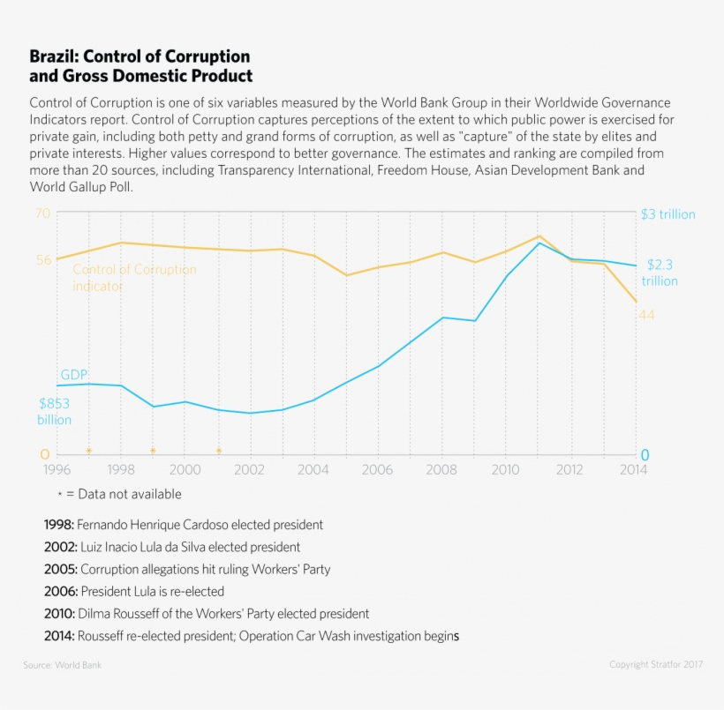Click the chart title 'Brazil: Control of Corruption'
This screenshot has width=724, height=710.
point(140,57)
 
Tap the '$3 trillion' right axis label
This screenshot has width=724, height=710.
point(667,214)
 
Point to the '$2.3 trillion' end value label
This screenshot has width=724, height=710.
point(660,273)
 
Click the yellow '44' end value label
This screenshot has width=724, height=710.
point(646,315)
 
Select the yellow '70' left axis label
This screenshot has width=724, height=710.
point(42,213)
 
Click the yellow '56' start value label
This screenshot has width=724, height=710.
point(43,259)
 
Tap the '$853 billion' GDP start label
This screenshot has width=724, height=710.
point(54,412)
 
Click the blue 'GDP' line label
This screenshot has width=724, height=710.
point(73,375)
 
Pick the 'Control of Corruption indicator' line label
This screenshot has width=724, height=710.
point(134,278)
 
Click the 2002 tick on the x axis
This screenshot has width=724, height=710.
point(249,469)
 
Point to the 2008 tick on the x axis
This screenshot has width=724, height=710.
point(441,469)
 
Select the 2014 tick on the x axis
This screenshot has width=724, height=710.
point(633,469)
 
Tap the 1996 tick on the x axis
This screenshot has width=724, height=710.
point(57,469)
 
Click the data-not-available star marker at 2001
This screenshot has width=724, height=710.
point(219,451)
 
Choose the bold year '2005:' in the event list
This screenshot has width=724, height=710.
point(60,569)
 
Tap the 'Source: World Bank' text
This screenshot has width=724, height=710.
point(62,664)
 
